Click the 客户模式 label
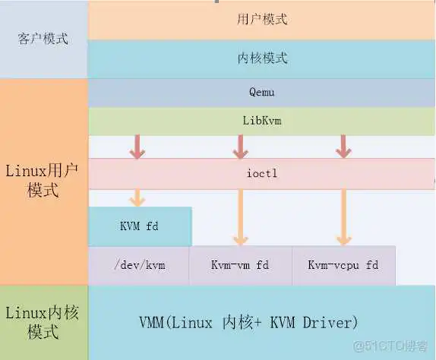[x=43, y=38]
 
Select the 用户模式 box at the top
[x=262, y=20]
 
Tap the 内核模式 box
[x=262, y=58]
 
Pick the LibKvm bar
[x=262, y=121]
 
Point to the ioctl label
[x=262, y=174]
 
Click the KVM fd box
[x=140, y=226]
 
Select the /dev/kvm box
[x=139, y=265]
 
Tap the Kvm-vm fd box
[x=240, y=265]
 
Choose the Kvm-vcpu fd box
[x=343, y=265]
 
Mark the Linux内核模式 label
[x=43, y=322]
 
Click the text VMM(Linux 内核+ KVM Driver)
[x=248, y=322]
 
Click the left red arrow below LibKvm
[x=137, y=147]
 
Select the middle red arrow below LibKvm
[x=240, y=147]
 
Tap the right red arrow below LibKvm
[x=343, y=147]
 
